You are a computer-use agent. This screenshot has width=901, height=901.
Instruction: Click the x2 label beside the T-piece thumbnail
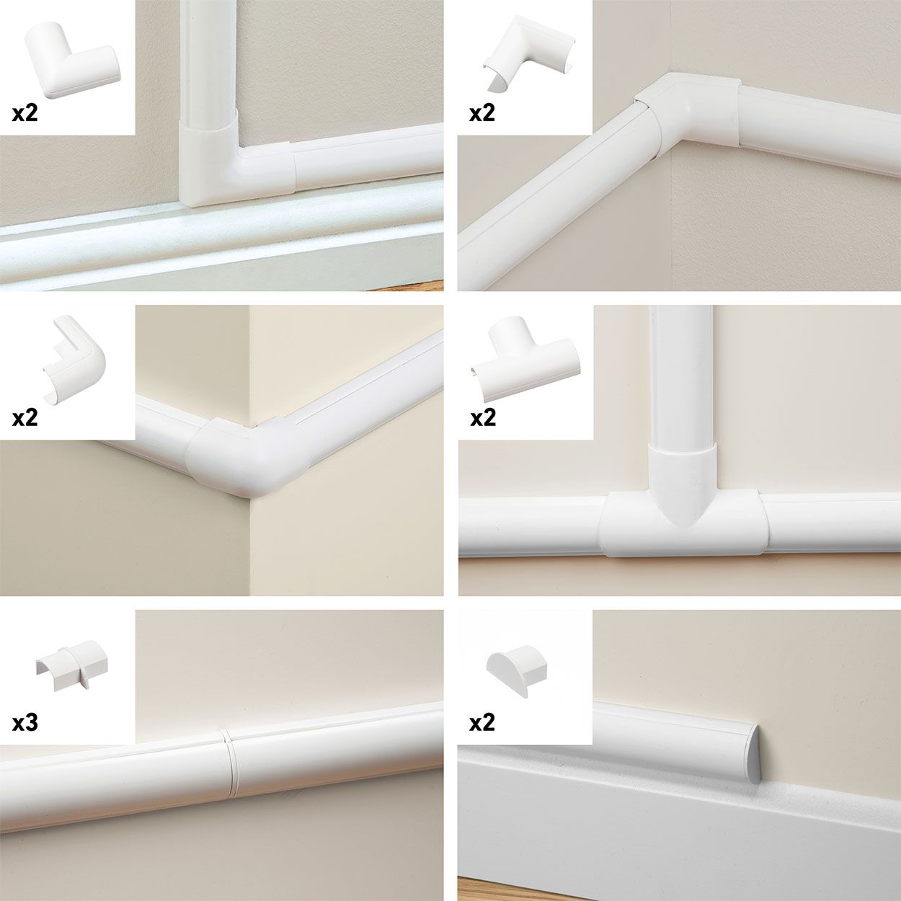tap(482, 417)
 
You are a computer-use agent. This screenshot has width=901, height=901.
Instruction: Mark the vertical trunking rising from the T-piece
tap(681, 375)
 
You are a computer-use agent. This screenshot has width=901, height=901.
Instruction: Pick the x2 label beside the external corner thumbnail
tap(25, 417)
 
